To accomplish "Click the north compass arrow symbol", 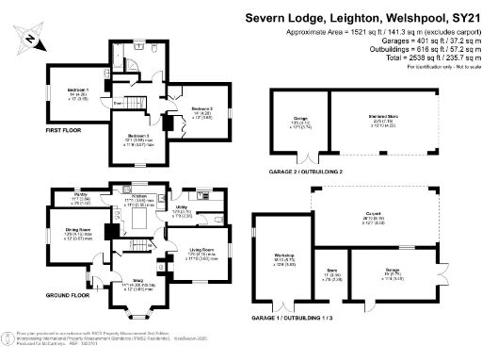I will click(x=33, y=39).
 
